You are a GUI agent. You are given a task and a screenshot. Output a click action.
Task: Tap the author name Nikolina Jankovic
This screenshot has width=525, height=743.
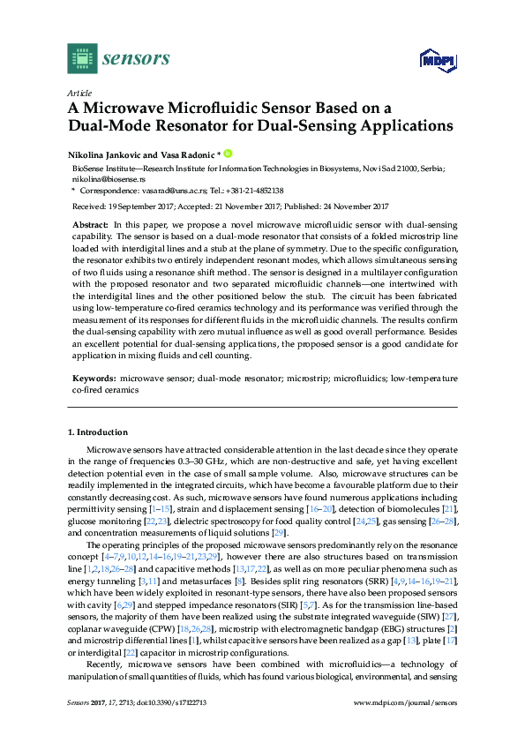tap(109, 154)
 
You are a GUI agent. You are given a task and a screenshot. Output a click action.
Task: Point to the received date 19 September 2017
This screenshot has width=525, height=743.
tap(146, 206)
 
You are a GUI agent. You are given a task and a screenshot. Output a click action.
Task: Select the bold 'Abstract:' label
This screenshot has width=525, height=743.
tap(92, 227)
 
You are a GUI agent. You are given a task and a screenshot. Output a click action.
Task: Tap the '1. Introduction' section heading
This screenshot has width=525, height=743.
tap(98, 432)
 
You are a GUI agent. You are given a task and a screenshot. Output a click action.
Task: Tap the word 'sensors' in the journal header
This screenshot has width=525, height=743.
tap(138, 59)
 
